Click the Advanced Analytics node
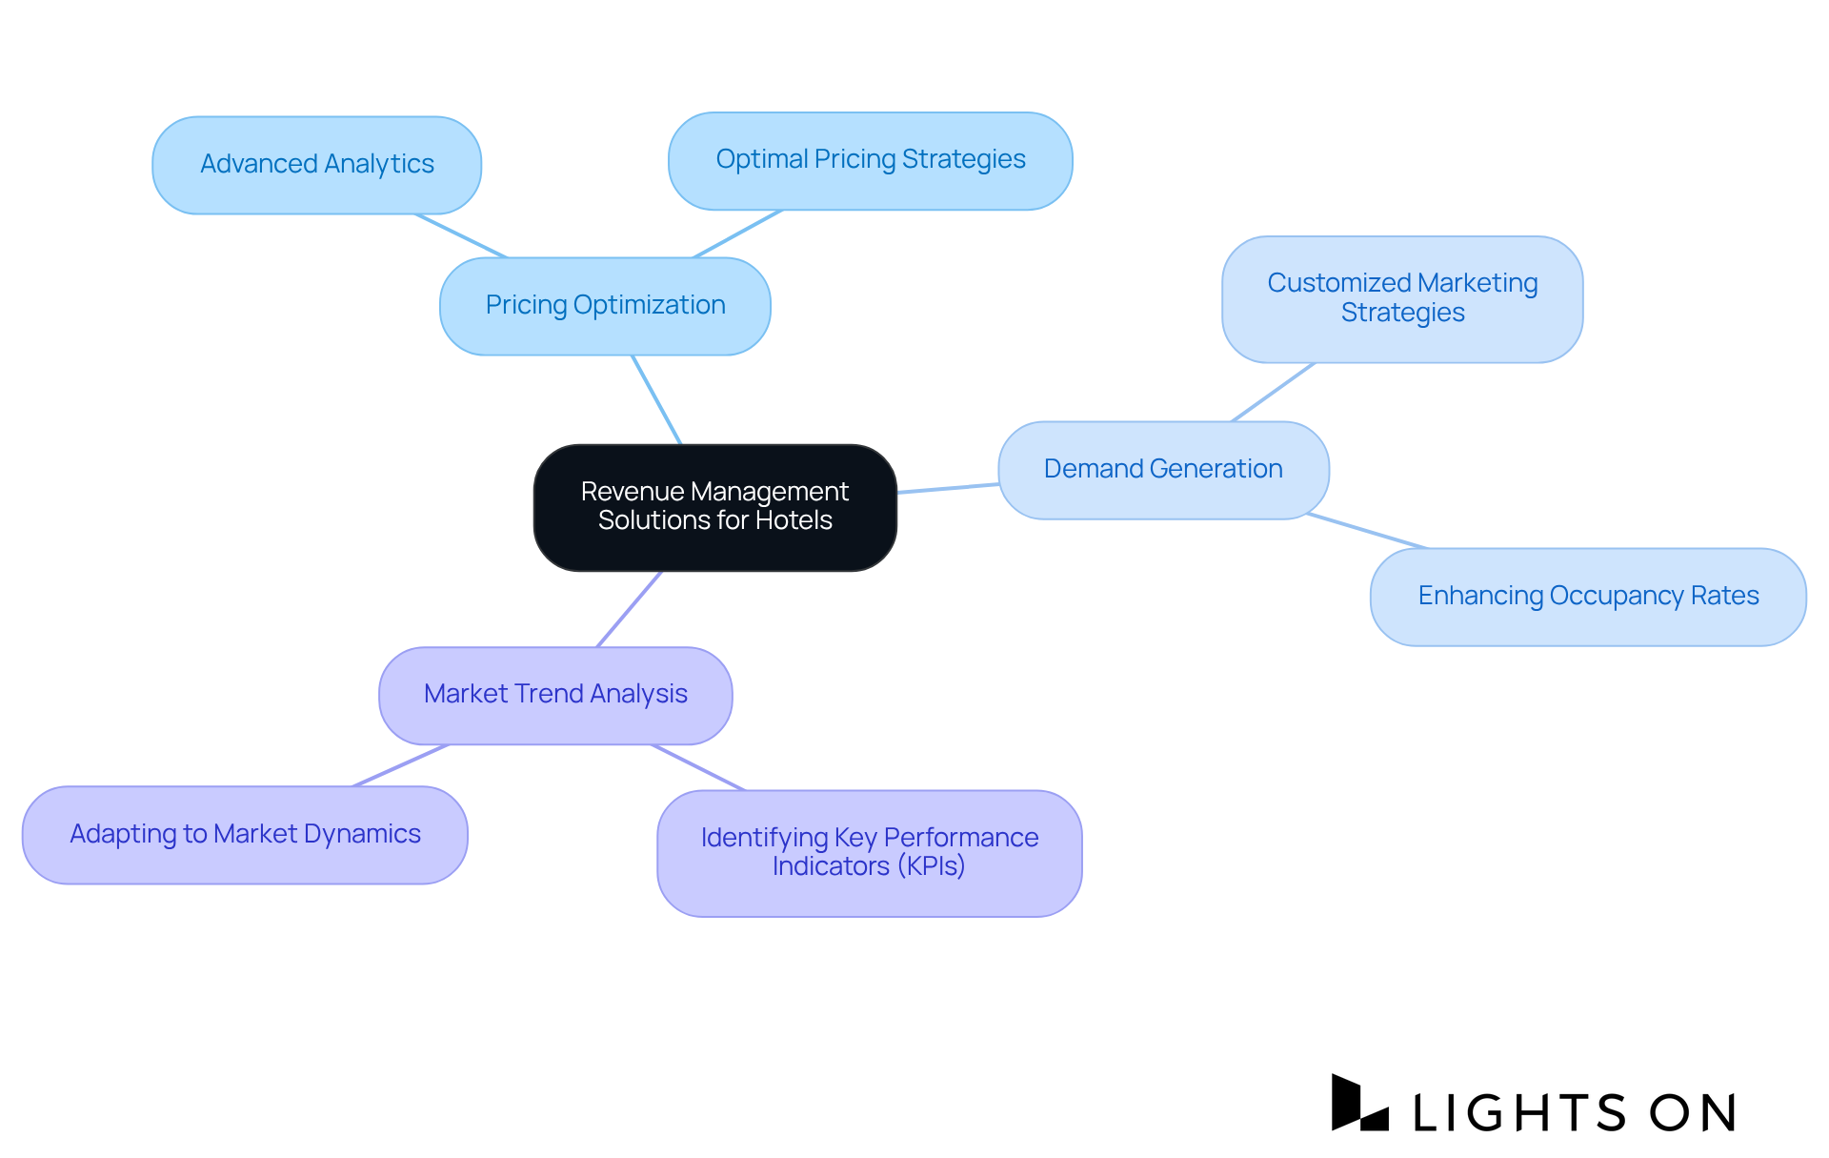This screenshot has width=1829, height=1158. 316,165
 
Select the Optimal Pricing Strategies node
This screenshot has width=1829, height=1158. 870,160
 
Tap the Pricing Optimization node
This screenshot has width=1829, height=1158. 605,306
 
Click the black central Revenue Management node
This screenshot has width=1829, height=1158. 714,507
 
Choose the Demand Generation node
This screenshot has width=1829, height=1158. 1162,470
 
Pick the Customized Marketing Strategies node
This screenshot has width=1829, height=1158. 1401,298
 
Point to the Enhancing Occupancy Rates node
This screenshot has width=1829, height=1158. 1587,597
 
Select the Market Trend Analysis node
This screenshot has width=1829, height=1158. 555,695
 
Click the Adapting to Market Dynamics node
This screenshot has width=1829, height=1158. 245,835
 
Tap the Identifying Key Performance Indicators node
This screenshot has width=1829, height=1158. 869,852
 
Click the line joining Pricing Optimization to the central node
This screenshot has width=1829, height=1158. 656,399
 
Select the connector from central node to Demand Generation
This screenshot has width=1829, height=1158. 948,488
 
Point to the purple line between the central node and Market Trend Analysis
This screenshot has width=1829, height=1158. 629,609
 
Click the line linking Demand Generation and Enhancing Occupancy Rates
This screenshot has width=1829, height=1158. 1367,531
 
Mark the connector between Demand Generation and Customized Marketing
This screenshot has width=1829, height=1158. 1274,392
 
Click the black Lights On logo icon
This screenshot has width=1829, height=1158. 1357,1104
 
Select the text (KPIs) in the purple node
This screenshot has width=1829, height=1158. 931,866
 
